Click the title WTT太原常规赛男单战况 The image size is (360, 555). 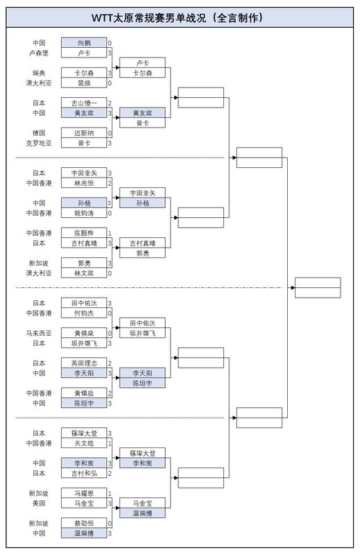click(x=179, y=18)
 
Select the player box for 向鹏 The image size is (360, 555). click(x=83, y=42)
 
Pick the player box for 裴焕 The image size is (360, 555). click(x=83, y=83)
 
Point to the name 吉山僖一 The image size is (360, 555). click(x=83, y=103)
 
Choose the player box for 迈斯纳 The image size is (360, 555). click(x=83, y=133)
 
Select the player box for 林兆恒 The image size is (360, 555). click(x=83, y=183)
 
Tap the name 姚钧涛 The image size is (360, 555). click(x=83, y=213)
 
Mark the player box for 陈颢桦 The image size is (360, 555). click(x=83, y=233)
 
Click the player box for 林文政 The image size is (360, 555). click(x=83, y=273)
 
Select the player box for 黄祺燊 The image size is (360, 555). click(x=83, y=333)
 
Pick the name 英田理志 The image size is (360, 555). click(x=83, y=363)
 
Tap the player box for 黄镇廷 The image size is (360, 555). click(x=83, y=393)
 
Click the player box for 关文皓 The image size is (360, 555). click(x=83, y=443)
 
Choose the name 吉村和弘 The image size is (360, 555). click(x=83, y=473)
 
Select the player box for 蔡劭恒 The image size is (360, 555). click(x=83, y=523)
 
